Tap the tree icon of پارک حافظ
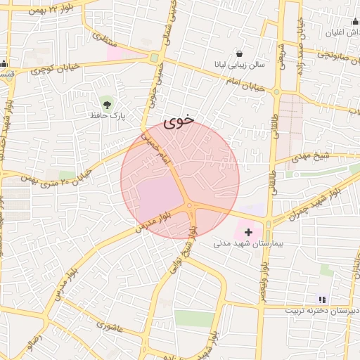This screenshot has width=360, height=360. pos(107,103)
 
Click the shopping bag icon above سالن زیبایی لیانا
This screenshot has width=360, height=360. pos(240,53)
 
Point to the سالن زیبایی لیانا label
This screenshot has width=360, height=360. pos(240,65)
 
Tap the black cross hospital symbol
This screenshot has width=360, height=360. pos(248,232)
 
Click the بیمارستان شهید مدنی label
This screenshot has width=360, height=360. pos(248,244)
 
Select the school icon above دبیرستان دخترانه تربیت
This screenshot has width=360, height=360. pos(322,300)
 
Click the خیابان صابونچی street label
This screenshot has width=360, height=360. pos(326,54)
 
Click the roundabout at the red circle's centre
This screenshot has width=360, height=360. pos(190,205)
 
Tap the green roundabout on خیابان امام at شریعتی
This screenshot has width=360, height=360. pos(277,91)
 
